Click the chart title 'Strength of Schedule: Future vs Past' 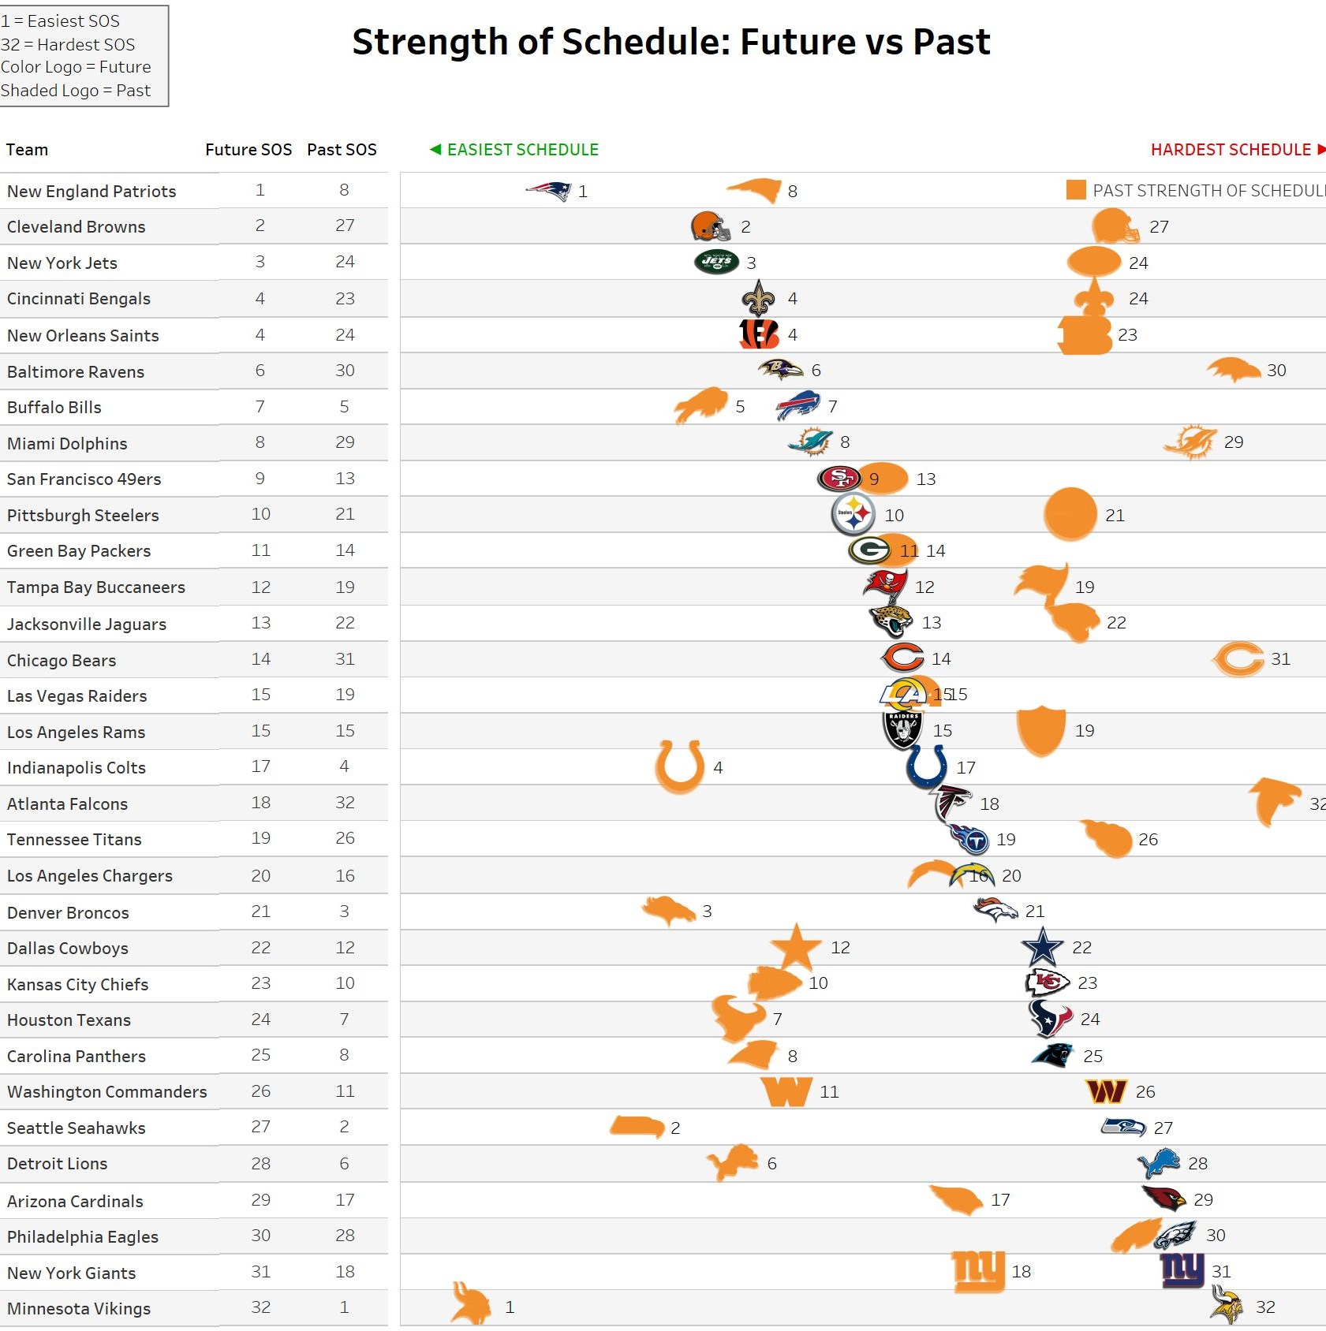(x=670, y=42)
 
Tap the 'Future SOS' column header (x=248, y=150)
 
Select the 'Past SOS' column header (x=342, y=150)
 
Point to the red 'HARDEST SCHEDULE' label (x=1230, y=150)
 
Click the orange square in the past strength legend (x=1075, y=190)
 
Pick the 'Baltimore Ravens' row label (x=76, y=371)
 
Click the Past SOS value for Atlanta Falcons (x=345, y=803)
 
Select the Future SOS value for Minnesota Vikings (x=260, y=1307)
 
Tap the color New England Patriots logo (x=549, y=191)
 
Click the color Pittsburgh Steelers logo (x=853, y=514)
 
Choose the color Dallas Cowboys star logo (x=1042, y=947)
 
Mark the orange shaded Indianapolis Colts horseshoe (x=679, y=766)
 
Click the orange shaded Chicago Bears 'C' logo (x=1238, y=659)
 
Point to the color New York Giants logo (x=1182, y=1270)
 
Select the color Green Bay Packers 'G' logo (x=870, y=550)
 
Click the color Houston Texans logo (x=1050, y=1019)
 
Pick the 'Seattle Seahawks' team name (x=77, y=1128)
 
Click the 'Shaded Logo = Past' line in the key (x=76, y=91)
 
